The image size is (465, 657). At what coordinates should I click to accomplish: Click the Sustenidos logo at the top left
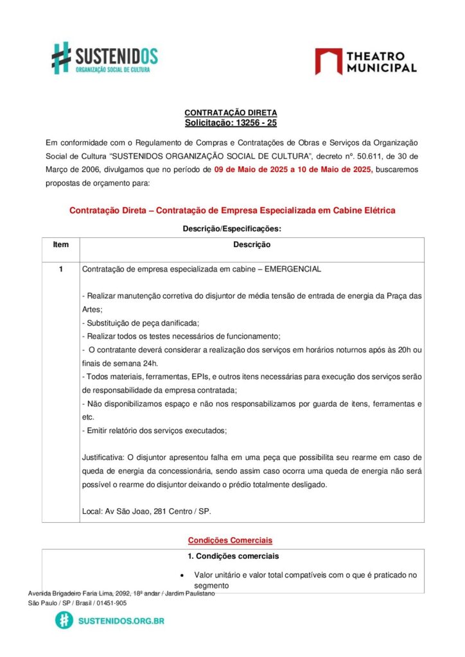click(105, 58)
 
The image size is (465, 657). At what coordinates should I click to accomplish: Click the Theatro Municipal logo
click(365, 62)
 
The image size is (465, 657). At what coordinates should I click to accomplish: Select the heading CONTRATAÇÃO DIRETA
click(231, 113)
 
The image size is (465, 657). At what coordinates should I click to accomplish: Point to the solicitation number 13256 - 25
click(255, 123)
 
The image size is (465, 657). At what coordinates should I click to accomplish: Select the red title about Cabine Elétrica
click(232, 210)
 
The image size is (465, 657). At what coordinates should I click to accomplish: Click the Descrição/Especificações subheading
click(232, 228)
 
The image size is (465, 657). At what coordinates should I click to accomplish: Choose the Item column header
click(61, 245)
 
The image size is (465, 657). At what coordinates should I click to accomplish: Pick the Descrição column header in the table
click(252, 245)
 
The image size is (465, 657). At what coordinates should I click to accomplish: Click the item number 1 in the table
click(61, 269)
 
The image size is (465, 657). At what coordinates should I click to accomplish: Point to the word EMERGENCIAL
click(292, 269)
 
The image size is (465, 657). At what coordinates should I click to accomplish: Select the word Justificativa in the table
click(103, 457)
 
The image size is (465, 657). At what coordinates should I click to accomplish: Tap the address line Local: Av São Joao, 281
click(146, 511)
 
